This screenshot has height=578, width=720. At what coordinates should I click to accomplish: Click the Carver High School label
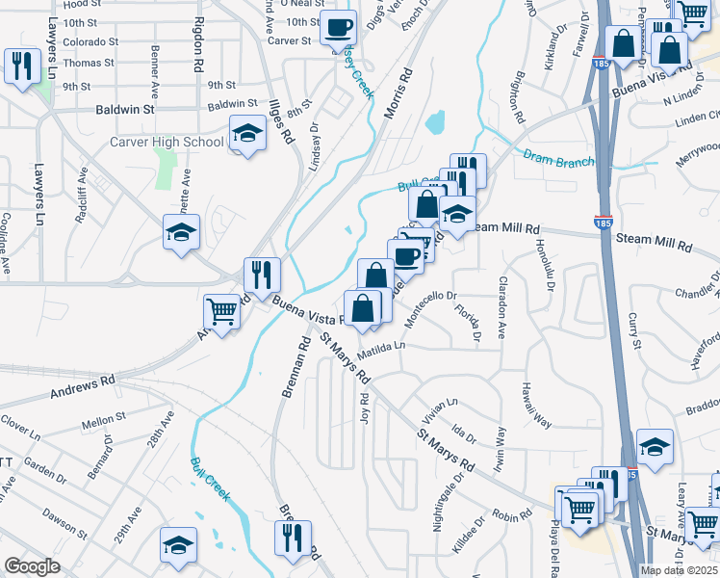tap(166, 143)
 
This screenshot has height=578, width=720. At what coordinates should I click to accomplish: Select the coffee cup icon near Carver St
tap(338, 28)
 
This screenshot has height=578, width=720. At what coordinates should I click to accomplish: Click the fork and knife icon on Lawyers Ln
tap(19, 66)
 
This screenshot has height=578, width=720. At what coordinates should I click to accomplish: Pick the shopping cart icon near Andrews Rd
tap(221, 312)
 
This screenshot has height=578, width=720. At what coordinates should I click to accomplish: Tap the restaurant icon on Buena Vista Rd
tap(261, 275)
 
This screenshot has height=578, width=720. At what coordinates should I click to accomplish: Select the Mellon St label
tap(105, 419)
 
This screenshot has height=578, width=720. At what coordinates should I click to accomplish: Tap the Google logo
tap(33, 566)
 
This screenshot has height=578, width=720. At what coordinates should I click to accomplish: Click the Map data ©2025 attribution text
tap(678, 570)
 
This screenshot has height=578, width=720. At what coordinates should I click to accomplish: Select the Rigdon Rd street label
tap(201, 37)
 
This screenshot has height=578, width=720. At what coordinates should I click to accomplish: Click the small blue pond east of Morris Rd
tap(435, 121)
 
